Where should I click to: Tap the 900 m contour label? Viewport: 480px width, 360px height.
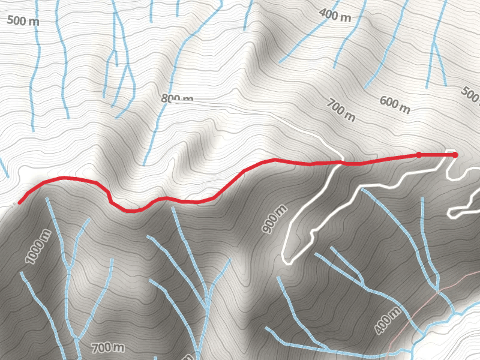point(273,219)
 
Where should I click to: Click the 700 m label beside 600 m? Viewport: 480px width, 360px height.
point(341,110)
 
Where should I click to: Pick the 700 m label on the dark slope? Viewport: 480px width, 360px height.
point(108,347)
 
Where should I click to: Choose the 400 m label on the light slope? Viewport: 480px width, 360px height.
point(335,14)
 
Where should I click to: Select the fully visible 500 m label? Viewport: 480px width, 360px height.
point(23,20)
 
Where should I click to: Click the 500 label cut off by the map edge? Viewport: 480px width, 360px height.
point(471,94)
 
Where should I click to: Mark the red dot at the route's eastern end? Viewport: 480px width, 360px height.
point(455,155)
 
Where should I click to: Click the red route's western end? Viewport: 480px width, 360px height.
point(19,203)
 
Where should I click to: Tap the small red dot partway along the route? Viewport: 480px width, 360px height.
point(419,155)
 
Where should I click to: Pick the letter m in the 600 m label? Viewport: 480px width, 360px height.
point(406,109)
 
